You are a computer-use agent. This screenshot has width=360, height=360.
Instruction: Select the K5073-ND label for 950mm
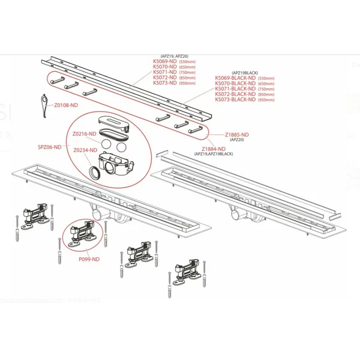point(165,83)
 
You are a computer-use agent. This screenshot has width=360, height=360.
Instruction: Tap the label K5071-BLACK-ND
point(235,88)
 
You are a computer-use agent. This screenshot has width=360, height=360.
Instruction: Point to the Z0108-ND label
point(66,105)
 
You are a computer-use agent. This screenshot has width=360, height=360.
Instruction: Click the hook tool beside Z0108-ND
point(42,99)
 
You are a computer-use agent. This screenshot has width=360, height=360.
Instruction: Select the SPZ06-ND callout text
point(50,146)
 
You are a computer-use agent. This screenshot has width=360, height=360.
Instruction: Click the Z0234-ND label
point(85,150)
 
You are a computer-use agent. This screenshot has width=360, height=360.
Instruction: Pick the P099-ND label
point(88,259)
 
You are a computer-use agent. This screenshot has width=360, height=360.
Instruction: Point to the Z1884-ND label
point(214,149)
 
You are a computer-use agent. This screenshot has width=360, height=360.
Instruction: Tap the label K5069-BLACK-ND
point(235,77)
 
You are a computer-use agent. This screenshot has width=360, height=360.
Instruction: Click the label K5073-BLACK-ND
point(235,100)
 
